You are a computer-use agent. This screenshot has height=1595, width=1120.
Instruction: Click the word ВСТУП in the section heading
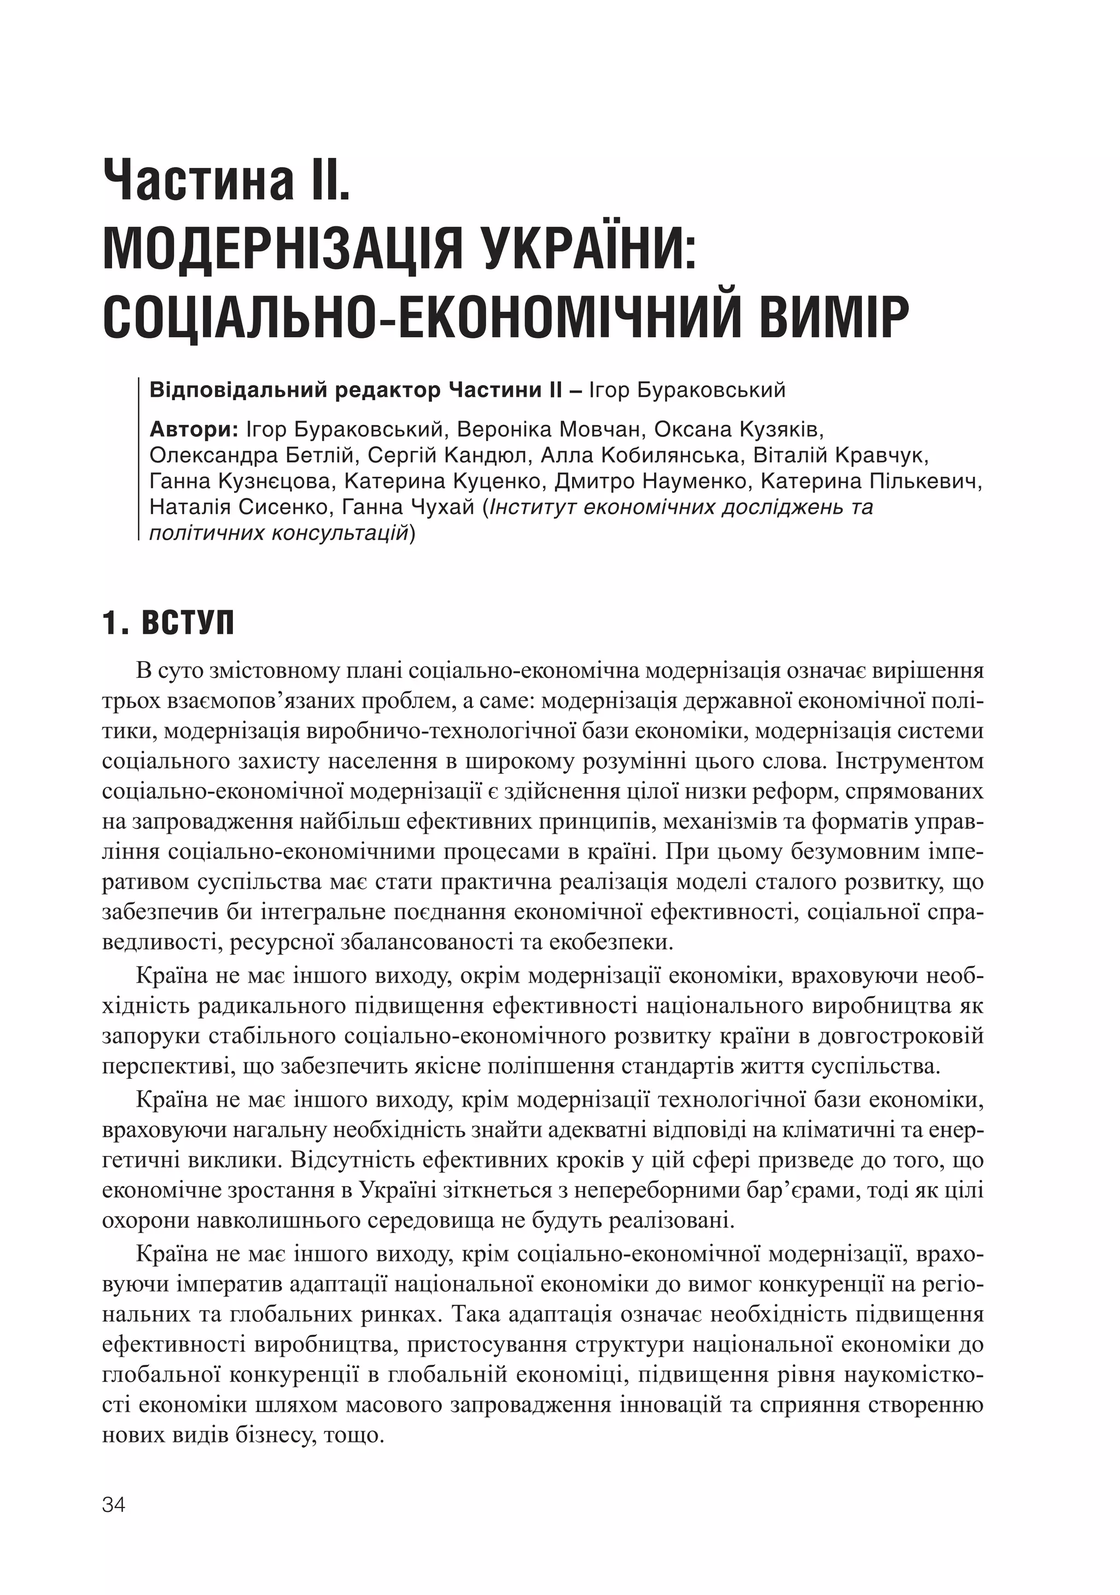(188, 624)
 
